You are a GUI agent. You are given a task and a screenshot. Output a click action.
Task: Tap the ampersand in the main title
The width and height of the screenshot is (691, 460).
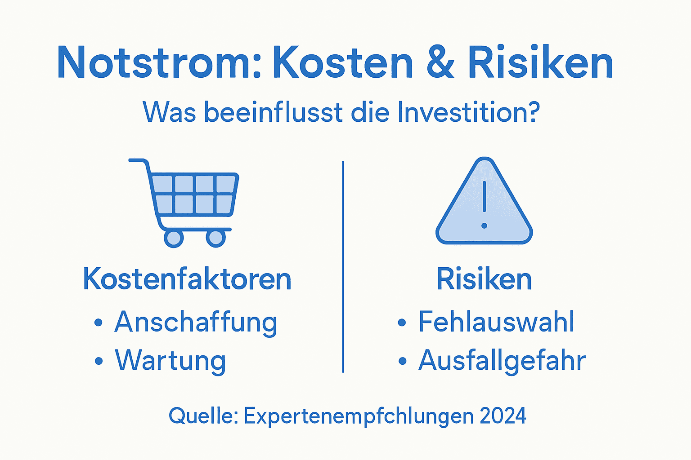coord(440,63)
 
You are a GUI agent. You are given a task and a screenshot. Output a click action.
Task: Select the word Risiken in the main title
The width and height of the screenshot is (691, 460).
coord(540,63)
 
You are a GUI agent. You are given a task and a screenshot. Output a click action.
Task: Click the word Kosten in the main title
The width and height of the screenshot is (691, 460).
coord(342,63)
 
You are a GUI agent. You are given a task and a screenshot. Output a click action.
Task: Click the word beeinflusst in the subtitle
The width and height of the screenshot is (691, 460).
coord(274,112)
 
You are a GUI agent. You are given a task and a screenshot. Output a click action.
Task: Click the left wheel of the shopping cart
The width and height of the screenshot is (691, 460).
coord(174,238)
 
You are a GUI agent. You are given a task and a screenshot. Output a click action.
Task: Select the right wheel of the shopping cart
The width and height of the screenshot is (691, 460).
coord(215,238)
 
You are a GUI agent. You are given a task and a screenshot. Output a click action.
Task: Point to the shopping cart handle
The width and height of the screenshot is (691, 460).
coord(137,161)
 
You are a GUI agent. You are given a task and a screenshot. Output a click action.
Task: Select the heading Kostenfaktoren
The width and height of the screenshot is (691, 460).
coord(187,279)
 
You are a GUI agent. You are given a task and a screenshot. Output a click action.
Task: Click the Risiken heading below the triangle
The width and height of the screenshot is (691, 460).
coord(484,279)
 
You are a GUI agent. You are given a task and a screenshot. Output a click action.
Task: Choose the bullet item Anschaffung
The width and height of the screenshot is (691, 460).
coord(196,323)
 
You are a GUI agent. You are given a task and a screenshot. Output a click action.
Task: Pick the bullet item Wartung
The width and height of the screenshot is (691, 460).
coord(171,361)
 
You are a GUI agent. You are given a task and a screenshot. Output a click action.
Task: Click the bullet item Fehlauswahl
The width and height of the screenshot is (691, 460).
coord(496,322)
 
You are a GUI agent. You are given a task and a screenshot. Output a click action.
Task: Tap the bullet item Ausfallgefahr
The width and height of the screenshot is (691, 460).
coord(502,361)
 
